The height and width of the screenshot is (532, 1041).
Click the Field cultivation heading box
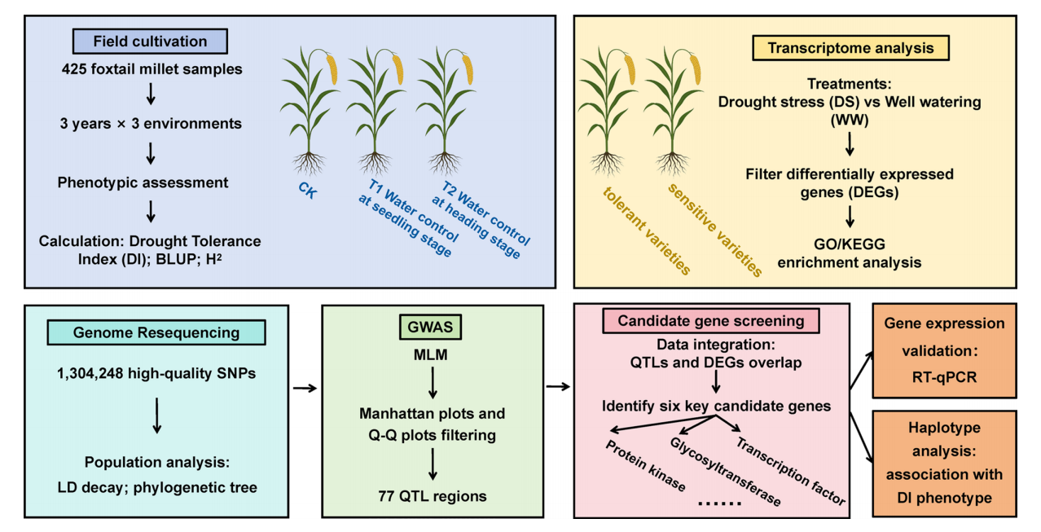(x=150, y=42)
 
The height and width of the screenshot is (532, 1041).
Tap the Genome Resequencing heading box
(x=156, y=332)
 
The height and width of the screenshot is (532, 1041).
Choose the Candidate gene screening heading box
(x=711, y=320)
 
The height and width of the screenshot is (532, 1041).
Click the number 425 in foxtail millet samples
(x=76, y=69)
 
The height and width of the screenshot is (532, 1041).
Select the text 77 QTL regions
(x=433, y=495)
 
